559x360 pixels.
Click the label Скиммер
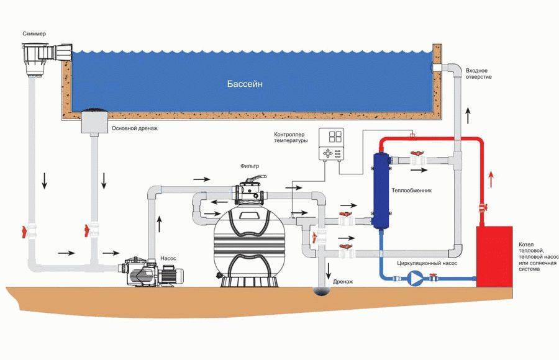(34, 32)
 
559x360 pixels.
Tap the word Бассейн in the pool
(244, 84)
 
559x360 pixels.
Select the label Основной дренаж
(135, 128)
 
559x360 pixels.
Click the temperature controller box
(331, 145)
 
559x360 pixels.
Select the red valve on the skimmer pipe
(25, 230)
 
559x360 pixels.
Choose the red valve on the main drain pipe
(88, 230)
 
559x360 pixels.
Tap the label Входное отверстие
(478, 73)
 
